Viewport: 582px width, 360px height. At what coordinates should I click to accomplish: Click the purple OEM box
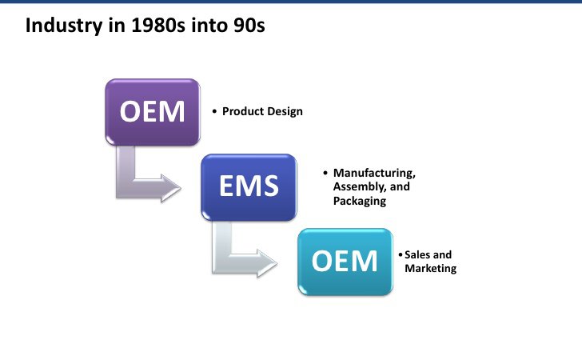153,112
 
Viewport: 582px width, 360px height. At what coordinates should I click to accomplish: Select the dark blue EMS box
249,187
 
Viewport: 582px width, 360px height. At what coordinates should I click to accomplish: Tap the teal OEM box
345,262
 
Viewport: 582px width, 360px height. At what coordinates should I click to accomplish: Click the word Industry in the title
63,26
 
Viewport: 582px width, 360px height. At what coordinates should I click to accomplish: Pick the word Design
285,111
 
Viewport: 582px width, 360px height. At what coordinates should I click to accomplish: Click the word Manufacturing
374,173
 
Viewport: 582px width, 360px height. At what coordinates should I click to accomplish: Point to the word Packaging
360,201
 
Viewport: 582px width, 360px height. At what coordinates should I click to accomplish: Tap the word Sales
417,255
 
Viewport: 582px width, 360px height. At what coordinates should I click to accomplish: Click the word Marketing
431,268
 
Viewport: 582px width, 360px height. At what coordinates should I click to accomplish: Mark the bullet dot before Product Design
214,111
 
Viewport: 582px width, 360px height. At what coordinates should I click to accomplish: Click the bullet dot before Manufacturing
325,173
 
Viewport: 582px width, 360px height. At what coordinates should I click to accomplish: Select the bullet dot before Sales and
400,255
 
